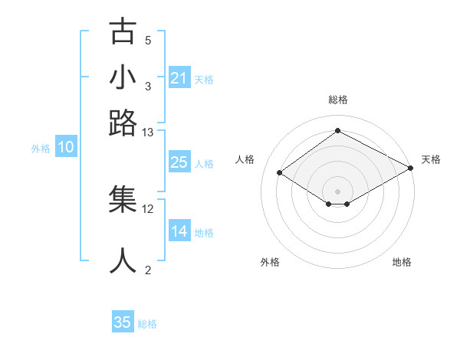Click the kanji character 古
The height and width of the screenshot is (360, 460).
[123, 31]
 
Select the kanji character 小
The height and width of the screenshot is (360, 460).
[123, 77]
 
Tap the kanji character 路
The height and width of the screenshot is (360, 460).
[123, 123]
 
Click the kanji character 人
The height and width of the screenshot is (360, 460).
[123, 260]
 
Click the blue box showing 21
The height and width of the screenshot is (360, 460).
[179, 78]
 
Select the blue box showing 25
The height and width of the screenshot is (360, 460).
[179, 162]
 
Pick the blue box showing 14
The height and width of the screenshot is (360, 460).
[179, 231]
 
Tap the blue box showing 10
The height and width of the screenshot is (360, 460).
[66, 148]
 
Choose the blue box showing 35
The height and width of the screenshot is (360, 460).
[123, 322]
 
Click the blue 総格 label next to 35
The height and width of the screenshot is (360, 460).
[147, 324]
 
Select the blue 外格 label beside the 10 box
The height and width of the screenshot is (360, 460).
[41, 149]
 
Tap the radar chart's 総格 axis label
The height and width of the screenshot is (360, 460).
[337, 100]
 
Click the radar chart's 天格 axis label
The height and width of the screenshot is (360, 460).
[431, 159]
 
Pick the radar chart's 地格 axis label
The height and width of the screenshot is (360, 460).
[402, 262]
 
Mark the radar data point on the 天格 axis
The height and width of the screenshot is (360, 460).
[411, 169]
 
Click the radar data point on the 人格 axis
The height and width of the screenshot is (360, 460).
[280, 173]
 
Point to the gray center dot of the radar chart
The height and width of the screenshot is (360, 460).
[337, 190]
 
